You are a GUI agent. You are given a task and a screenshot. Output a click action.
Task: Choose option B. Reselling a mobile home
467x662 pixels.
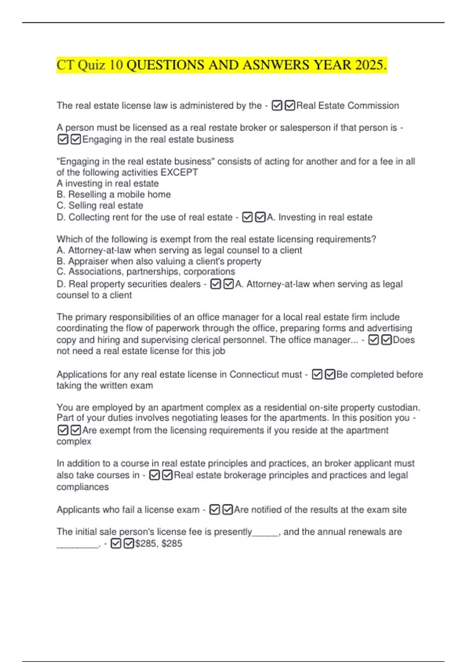[x=114, y=194]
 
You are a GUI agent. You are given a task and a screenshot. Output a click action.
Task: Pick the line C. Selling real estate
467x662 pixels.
[x=100, y=205]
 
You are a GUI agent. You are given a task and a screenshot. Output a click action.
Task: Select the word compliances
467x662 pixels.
[x=83, y=487]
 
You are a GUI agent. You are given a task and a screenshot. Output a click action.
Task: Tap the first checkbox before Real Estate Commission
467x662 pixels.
[x=277, y=106]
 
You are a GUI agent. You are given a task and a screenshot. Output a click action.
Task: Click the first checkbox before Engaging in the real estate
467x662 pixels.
[x=63, y=139]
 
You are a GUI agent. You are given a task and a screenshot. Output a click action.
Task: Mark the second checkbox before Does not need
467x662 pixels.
[x=386, y=340]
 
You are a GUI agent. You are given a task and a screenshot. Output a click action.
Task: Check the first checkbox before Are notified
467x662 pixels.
[x=214, y=510]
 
